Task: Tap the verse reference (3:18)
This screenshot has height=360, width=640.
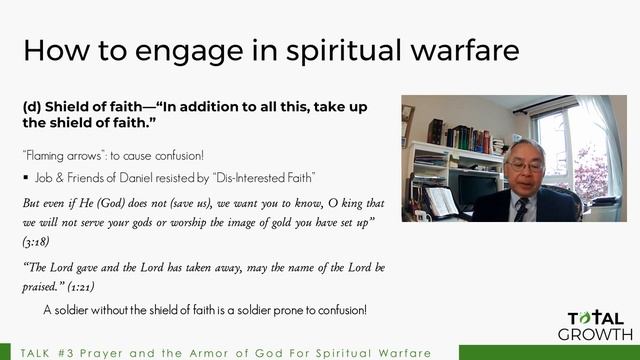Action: click(37, 242)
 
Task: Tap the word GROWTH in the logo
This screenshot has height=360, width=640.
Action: click(594, 333)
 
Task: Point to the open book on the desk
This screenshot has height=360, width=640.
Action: click(441, 201)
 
